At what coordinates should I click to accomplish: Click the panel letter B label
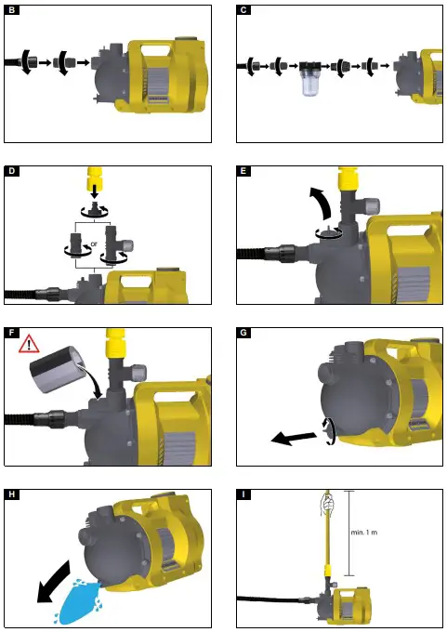pos(11,11)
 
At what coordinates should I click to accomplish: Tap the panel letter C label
pos(243,11)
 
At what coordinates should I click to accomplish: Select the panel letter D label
pos(11,172)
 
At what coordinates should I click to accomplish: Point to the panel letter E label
pos(243,172)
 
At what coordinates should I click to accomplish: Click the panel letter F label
pos(11,332)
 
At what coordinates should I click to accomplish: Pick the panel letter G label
pos(243,332)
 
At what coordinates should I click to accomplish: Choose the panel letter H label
pos(11,493)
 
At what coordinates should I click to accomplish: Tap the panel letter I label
pos(243,493)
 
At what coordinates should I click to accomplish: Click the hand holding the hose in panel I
pos(325,503)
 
